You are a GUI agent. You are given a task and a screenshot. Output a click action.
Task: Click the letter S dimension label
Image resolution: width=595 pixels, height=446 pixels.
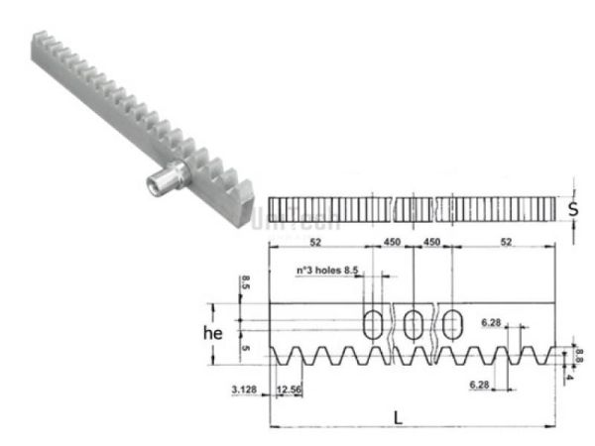[x=574, y=209]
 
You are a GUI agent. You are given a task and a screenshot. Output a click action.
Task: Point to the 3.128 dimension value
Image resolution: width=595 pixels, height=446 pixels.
[x=244, y=390]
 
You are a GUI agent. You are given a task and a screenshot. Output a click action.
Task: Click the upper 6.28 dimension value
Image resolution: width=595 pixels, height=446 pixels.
[x=490, y=322]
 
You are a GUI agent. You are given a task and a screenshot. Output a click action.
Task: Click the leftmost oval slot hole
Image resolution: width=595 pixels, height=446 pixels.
[x=374, y=322]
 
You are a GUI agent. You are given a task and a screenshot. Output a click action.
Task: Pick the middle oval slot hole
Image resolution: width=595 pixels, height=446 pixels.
[x=414, y=322]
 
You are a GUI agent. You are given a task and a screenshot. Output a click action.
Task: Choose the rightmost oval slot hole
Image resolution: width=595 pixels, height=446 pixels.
[x=453, y=322]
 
